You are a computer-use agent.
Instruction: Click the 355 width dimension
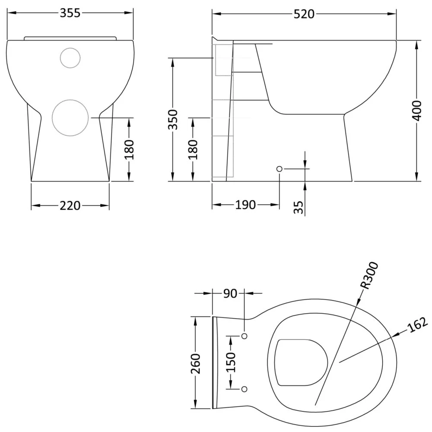pos(70,13)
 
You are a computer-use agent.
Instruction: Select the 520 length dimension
pos(304,14)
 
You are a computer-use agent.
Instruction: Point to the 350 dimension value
pos(173,120)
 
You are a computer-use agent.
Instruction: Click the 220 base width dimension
pos(70,205)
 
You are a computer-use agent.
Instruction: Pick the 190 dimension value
pos(245,205)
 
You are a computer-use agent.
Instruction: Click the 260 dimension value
pos(196,363)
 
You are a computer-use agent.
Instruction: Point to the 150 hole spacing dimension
pos(231,362)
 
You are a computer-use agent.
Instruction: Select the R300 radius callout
pos(369,275)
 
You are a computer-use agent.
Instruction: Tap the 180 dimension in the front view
pos(129,149)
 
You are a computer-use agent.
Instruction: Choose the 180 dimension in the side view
pos(193,149)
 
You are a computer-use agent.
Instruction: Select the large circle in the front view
pos(70,118)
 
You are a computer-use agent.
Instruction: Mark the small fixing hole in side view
pos(279,168)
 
